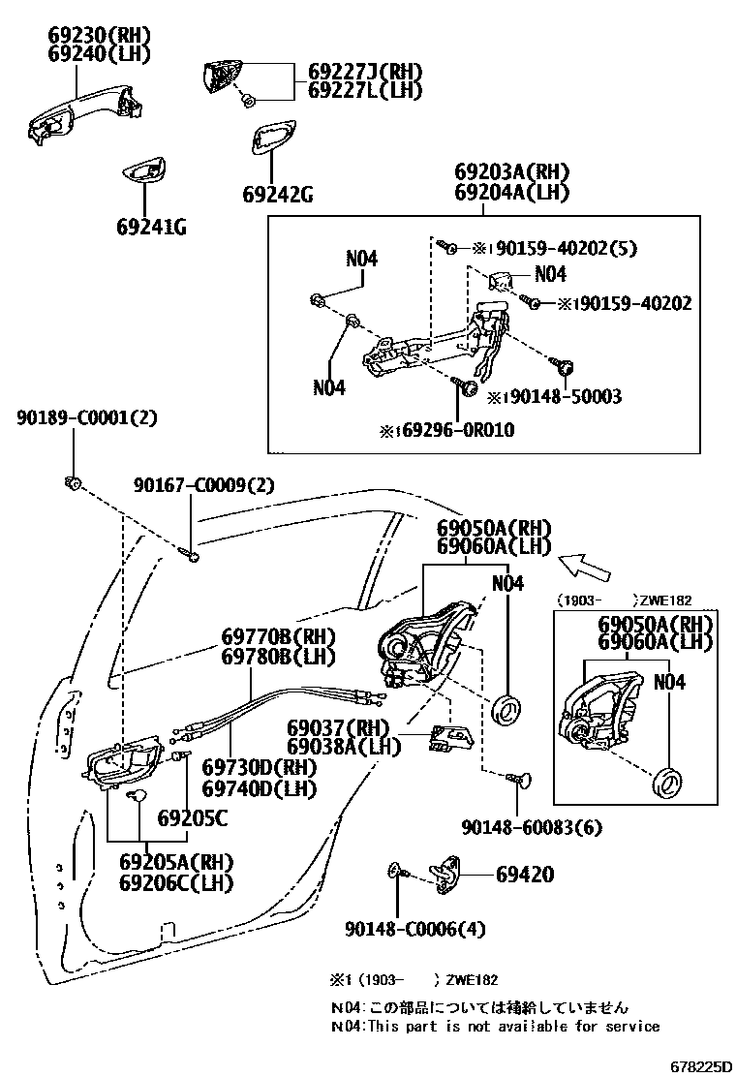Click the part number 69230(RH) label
(x=100, y=36)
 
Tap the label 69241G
(x=151, y=228)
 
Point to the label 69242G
(x=277, y=195)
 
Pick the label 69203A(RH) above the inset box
(x=511, y=172)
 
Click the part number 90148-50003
(x=561, y=397)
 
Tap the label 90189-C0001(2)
(x=86, y=418)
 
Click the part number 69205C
(x=192, y=819)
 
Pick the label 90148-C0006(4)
(x=414, y=929)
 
